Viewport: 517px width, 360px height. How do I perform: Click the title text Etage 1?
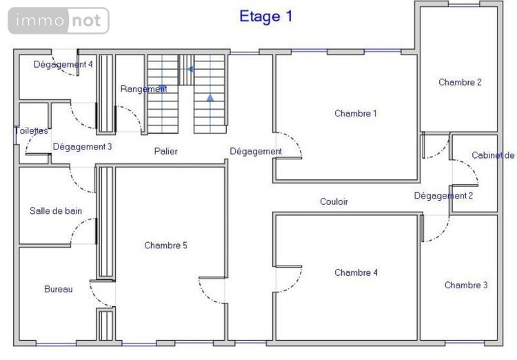point(265,17)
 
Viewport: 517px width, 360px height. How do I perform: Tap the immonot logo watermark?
point(59,21)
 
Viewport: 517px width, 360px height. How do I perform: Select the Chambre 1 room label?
point(355,114)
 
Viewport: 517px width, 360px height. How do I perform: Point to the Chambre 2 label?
point(460,83)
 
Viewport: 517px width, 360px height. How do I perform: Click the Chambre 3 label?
point(466,286)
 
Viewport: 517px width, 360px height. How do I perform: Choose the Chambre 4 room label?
point(356,273)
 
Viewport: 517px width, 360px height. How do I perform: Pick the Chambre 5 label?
point(165,246)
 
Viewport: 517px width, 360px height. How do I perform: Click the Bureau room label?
point(58,290)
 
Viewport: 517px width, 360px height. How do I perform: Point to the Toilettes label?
point(31,131)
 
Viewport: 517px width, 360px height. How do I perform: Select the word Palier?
point(166,151)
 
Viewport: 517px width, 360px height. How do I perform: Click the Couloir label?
point(334,202)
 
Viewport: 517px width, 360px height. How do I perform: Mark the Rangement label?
point(143,89)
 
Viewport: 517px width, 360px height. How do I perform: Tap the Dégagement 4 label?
point(63,65)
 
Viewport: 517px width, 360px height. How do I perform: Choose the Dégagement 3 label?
point(82,147)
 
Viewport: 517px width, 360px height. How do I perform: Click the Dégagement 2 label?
point(443,196)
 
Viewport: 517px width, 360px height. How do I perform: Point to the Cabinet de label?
point(493,156)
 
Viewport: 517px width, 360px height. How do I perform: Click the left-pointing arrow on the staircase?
point(191,69)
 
